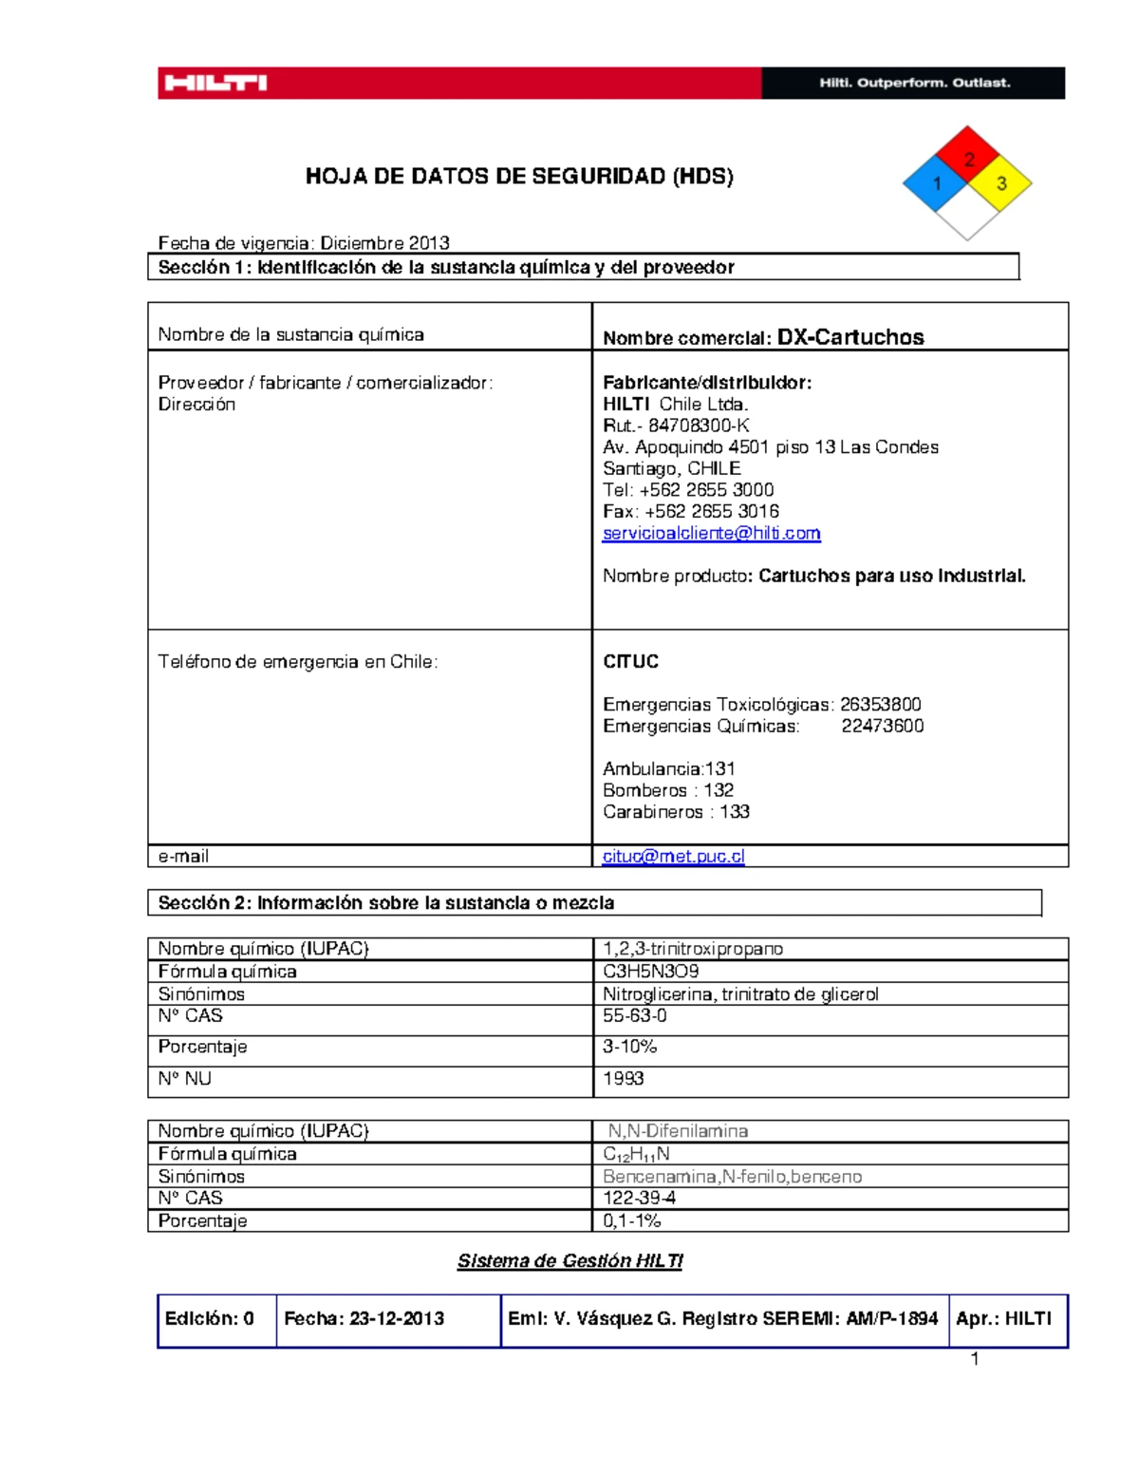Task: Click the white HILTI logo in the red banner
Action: click(215, 84)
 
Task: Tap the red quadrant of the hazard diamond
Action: click(967, 155)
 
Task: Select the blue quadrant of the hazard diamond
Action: click(935, 183)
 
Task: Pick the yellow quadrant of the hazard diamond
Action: click(999, 183)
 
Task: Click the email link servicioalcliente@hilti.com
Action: click(711, 533)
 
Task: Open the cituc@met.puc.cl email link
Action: click(673, 856)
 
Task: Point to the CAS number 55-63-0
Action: click(634, 1015)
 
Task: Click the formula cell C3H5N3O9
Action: click(650, 971)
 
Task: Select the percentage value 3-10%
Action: click(629, 1046)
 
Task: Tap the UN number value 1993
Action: click(623, 1078)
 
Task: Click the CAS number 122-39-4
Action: click(639, 1198)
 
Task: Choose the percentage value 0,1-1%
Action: click(631, 1220)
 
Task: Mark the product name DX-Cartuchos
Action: click(850, 337)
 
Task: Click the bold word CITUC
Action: click(630, 661)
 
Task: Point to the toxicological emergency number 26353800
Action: click(880, 704)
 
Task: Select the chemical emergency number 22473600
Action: click(882, 726)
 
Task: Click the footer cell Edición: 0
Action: click(210, 1318)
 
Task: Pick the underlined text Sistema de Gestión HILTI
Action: click(569, 1260)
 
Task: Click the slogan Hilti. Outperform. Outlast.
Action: click(915, 84)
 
